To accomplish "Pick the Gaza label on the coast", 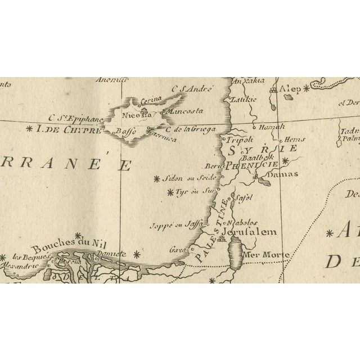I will (x=177, y=249).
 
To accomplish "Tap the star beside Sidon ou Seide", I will (x=156, y=179).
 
